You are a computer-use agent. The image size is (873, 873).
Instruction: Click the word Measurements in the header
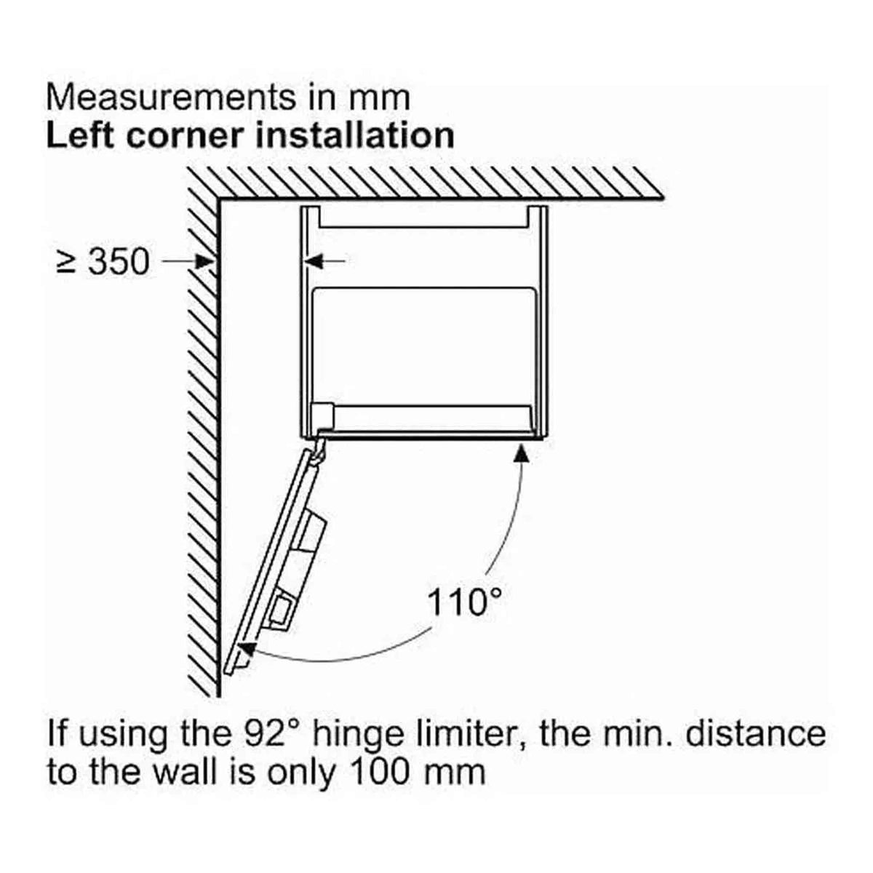[x=171, y=97]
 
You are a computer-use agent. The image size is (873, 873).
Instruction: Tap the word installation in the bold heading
[x=355, y=135]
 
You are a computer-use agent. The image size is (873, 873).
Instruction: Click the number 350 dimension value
[x=119, y=261]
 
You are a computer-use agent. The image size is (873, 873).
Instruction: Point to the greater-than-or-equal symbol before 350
[x=67, y=263]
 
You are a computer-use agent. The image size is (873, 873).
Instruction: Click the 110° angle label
[x=464, y=602]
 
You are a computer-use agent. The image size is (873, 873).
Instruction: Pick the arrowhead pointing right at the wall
[x=205, y=261]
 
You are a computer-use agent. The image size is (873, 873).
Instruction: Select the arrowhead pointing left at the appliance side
[x=314, y=261]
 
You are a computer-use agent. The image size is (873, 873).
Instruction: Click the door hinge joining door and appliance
[x=320, y=447]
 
